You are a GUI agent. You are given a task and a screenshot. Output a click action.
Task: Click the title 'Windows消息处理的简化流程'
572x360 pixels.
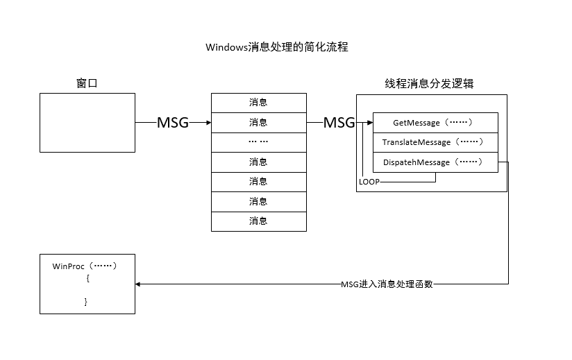pyautogui.click(x=276, y=47)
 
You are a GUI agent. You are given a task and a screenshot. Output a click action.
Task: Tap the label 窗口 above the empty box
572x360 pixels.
pyautogui.click(x=87, y=83)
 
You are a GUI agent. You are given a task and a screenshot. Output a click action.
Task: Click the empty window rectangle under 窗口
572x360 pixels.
pyautogui.click(x=87, y=123)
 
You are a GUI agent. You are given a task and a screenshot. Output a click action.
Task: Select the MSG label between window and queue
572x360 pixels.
pyautogui.click(x=173, y=123)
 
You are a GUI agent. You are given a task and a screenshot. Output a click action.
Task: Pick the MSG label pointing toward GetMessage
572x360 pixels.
pyautogui.click(x=339, y=123)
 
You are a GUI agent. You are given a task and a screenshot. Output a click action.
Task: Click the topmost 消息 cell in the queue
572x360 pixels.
pyautogui.click(x=258, y=103)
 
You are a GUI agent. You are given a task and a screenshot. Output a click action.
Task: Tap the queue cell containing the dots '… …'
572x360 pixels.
pyautogui.click(x=258, y=142)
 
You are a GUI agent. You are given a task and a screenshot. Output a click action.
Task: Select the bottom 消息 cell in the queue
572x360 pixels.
pyautogui.click(x=258, y=221)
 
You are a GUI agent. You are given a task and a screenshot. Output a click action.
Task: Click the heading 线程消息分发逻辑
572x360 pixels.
pyautogui.click(x=430, y=83)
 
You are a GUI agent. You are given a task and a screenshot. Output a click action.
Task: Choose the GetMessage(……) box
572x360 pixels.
pyautogui.click(x=435, y=123)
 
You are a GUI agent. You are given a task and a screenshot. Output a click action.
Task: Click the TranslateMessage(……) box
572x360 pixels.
pyautogui.click(x=435, y=142)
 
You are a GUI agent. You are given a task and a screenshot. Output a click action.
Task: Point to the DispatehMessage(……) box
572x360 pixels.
pyautogui.click(x=435, y=162)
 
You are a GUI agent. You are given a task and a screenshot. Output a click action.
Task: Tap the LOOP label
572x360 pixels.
pyautogui.click(x=369, y=182)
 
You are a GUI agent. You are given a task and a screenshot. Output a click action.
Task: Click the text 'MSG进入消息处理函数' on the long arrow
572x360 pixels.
pyautogui.click(x=387, y=284)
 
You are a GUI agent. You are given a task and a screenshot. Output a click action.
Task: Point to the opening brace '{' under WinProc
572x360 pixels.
pyautogui.click(x=88, y=278)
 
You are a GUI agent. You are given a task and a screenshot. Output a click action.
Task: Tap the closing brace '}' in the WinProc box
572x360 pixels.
pyautogui.click(x=86, y=302)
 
